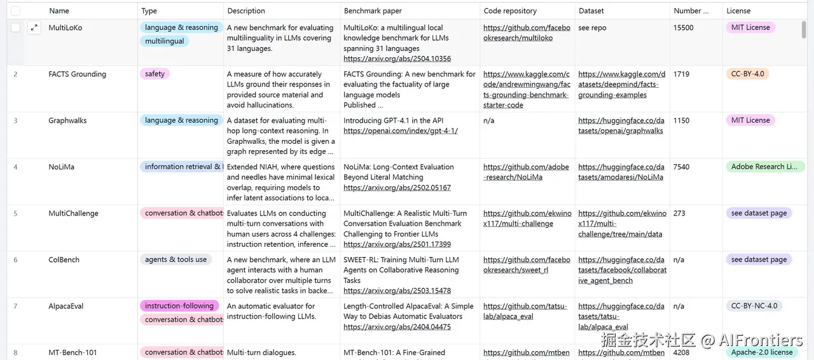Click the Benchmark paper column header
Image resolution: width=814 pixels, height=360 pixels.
[373, 11]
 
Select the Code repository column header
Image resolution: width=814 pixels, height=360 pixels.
[510, 11]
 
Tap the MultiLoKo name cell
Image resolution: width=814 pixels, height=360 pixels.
[66, 28]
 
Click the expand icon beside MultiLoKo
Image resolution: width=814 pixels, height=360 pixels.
[34, 28]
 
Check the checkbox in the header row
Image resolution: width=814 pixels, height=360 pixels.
[15, 11]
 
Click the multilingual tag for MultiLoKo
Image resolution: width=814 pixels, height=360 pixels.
[164, 41]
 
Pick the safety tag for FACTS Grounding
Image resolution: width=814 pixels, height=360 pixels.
[155, 74]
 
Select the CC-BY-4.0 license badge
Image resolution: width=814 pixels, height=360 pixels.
[747, 74]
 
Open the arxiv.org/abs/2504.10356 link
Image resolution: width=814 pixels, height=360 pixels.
[397, 59]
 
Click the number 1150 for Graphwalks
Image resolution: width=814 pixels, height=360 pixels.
[681, 120]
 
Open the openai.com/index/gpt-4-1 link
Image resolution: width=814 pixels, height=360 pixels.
[400, 131]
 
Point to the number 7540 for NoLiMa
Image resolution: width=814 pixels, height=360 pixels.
[681, 167]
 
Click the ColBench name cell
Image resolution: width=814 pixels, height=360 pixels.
[64, 260]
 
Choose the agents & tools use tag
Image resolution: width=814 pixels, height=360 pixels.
[176, 260]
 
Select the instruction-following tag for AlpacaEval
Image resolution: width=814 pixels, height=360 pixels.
[179, 306]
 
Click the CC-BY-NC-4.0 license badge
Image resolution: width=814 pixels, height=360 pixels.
[754, 306]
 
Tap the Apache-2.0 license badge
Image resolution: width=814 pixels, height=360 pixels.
[761, 352]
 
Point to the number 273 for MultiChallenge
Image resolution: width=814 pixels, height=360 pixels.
[679, 213]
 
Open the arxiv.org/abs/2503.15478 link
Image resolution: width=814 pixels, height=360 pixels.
[397, 291]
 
